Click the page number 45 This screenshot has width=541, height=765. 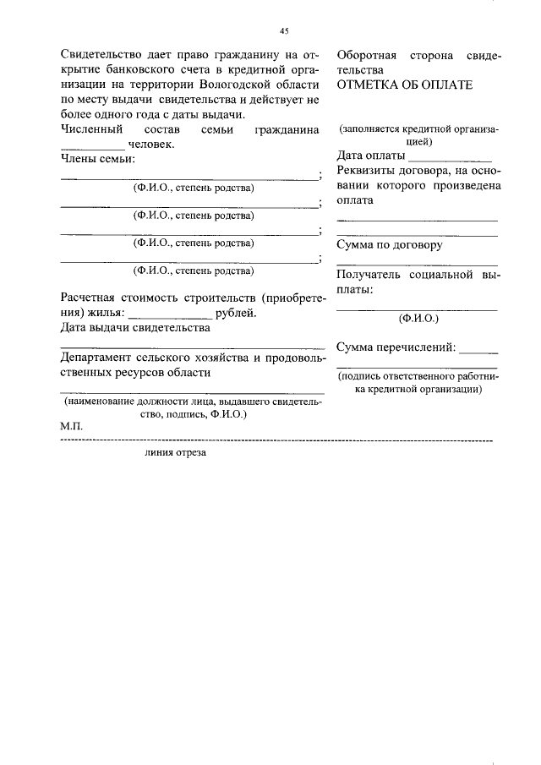[x=284, y=31]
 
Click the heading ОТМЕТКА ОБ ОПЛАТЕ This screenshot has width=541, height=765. [x=405, y=85]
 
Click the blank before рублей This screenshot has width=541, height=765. [x=170, y=314]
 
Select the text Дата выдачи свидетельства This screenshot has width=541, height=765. [x=134, y=328]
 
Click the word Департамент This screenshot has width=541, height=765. [x=100, y=358]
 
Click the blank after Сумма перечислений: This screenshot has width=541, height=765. [x=479, y=348]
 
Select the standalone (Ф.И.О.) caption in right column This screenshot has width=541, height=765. [x=418, y=319]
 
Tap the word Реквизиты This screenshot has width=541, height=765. [x=368, y=172]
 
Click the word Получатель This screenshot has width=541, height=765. [x=374, y=275]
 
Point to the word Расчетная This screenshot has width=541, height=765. [x=92, y=298]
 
